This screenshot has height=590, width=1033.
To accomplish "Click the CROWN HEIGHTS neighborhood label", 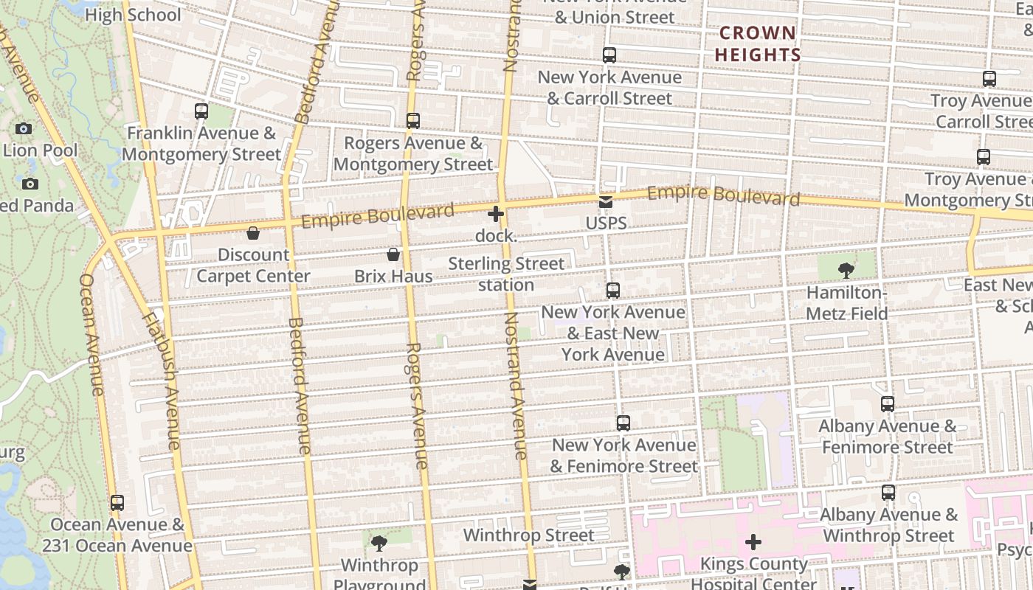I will (757, 44).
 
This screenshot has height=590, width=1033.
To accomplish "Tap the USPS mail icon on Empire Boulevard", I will (606, 202).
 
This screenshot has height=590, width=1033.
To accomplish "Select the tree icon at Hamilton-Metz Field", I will (846, 271).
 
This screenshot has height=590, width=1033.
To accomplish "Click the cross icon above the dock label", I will (496, 215).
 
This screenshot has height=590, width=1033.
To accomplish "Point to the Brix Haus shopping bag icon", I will (393, 254).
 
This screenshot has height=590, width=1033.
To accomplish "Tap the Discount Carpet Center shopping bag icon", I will (253, 233).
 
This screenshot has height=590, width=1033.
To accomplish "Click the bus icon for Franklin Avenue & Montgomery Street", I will (201, 111).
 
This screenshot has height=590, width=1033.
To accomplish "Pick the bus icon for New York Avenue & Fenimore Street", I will (623, 423).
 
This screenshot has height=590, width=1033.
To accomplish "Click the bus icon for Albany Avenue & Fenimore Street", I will (888, 404).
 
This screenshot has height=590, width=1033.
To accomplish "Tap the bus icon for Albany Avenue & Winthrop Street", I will (888, 493).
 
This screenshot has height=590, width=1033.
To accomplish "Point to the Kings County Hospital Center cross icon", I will (753, 543).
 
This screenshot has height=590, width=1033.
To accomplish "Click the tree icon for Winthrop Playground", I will (379, 544).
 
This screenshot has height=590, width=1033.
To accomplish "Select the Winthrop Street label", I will (528, 535).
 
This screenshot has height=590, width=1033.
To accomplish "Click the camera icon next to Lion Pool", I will (24, 129).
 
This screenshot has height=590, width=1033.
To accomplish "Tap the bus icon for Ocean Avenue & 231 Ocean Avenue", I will (117, 503).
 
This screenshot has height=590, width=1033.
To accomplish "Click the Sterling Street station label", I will (506, 274).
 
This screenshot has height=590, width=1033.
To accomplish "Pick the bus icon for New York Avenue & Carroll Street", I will (609, 55).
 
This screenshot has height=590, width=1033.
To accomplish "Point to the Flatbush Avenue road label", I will (161, 381).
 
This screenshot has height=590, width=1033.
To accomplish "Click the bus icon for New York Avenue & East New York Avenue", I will (613, 291).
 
